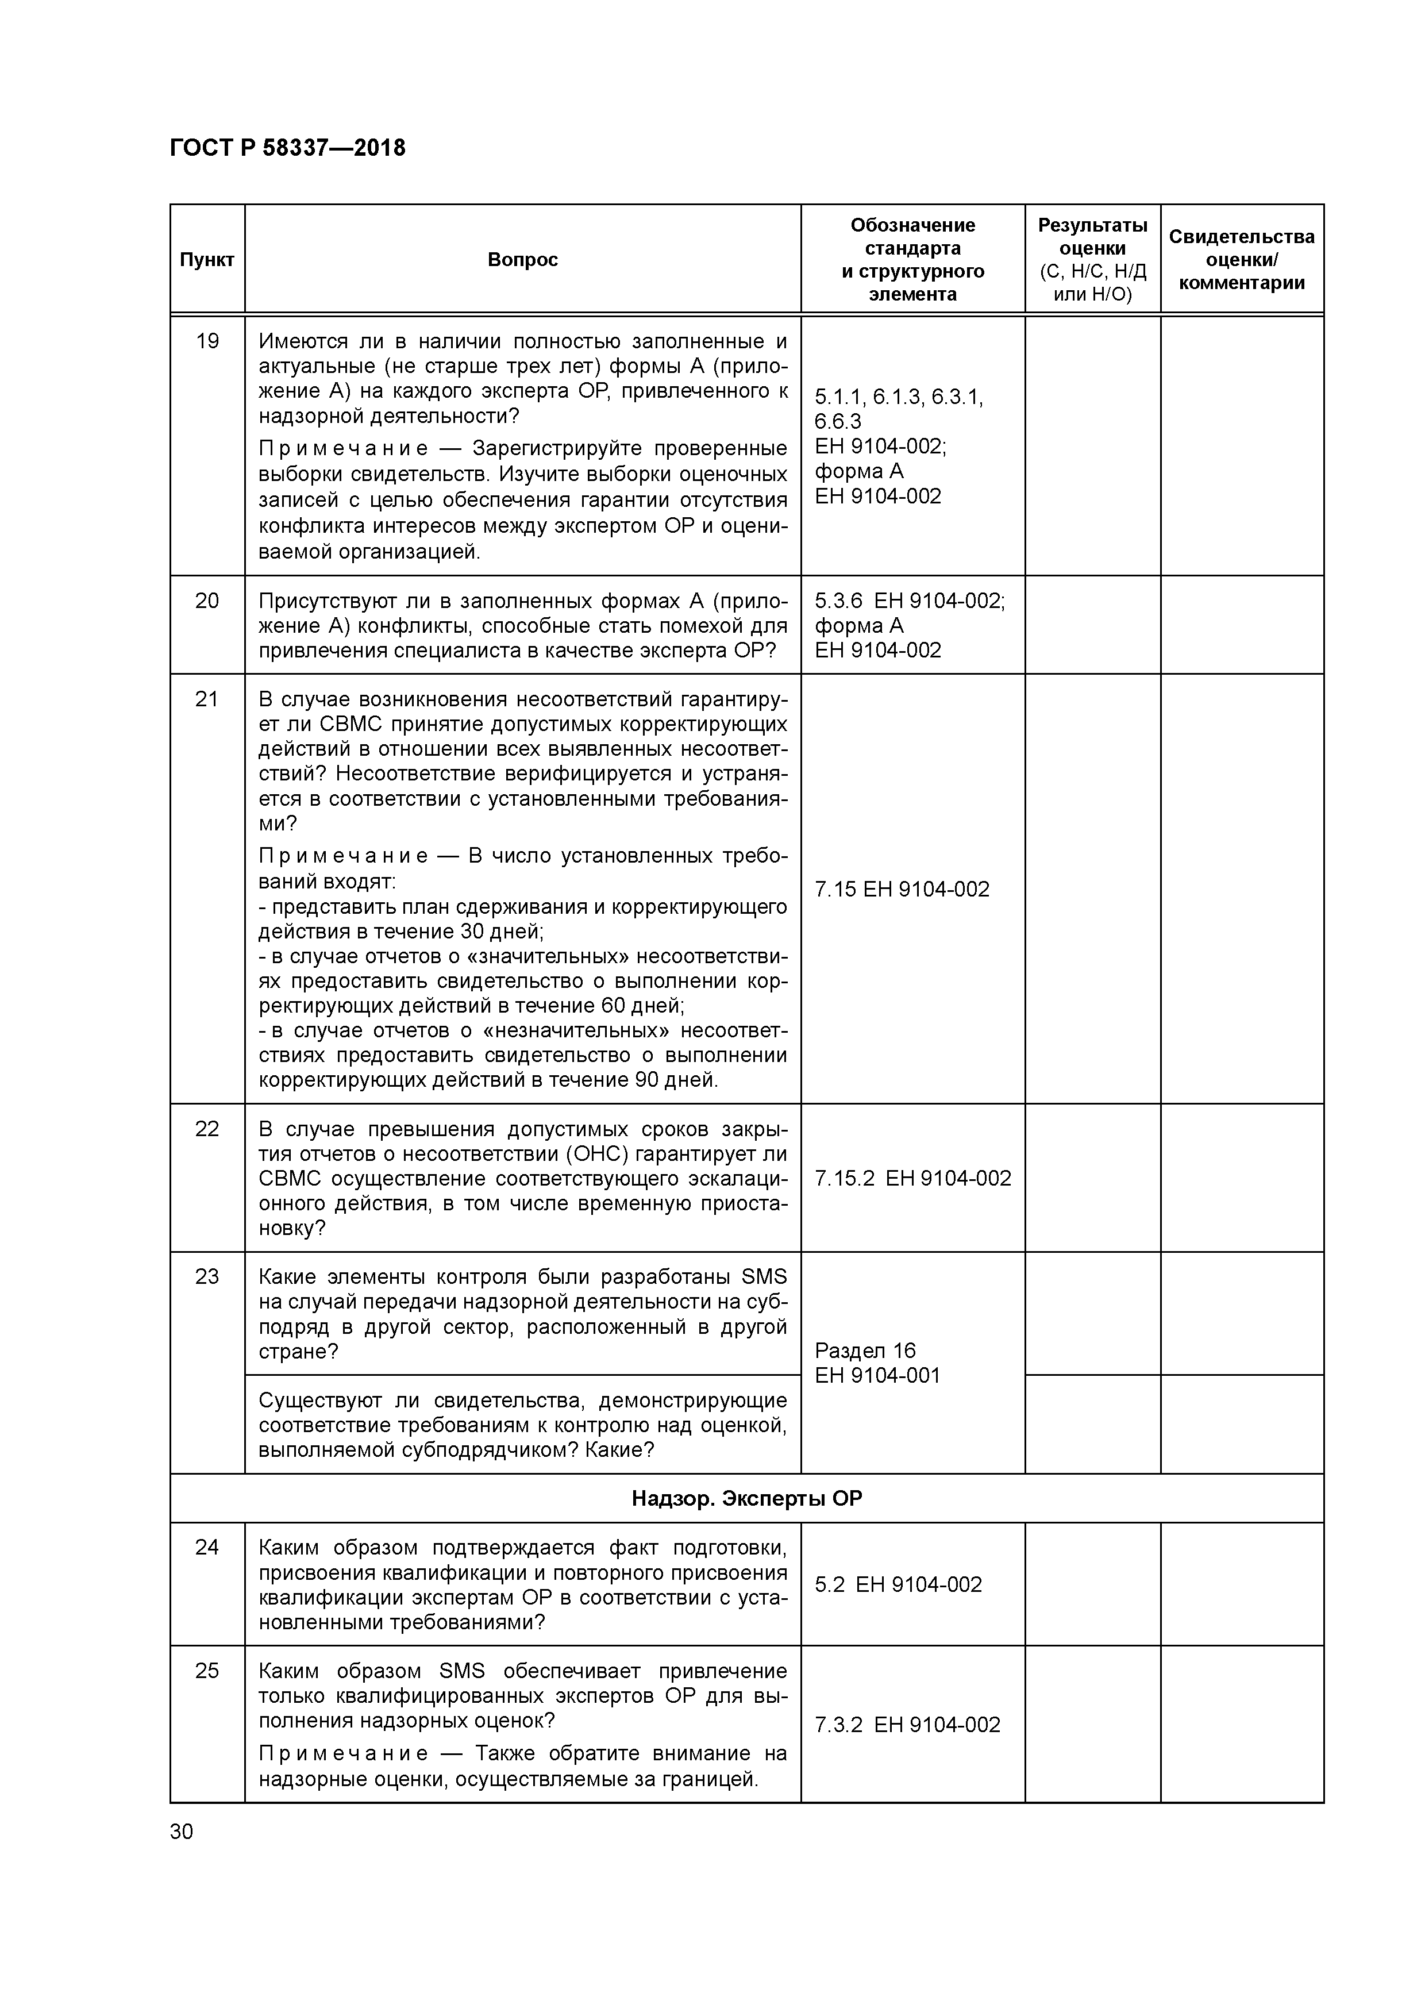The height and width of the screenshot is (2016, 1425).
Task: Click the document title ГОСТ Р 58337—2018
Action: (287, 148)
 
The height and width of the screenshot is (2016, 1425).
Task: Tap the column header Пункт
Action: (207, 260)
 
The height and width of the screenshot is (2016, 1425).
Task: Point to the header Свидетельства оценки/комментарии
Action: (1242, 260)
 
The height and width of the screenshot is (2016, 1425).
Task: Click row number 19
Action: (207, 341)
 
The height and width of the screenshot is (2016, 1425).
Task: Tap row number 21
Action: (207, 699)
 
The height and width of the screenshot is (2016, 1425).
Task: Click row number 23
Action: (207, 1277)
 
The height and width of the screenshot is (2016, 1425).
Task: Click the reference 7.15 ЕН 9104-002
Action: (902, 890)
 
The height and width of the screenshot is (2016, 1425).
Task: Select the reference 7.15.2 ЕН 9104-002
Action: (912, 1178)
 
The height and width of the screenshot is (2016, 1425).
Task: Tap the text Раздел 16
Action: (865, 1351)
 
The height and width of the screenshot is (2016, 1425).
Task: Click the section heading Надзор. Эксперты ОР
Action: (746, 1499)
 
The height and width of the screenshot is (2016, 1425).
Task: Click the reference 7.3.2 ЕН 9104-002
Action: (907, 1725)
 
